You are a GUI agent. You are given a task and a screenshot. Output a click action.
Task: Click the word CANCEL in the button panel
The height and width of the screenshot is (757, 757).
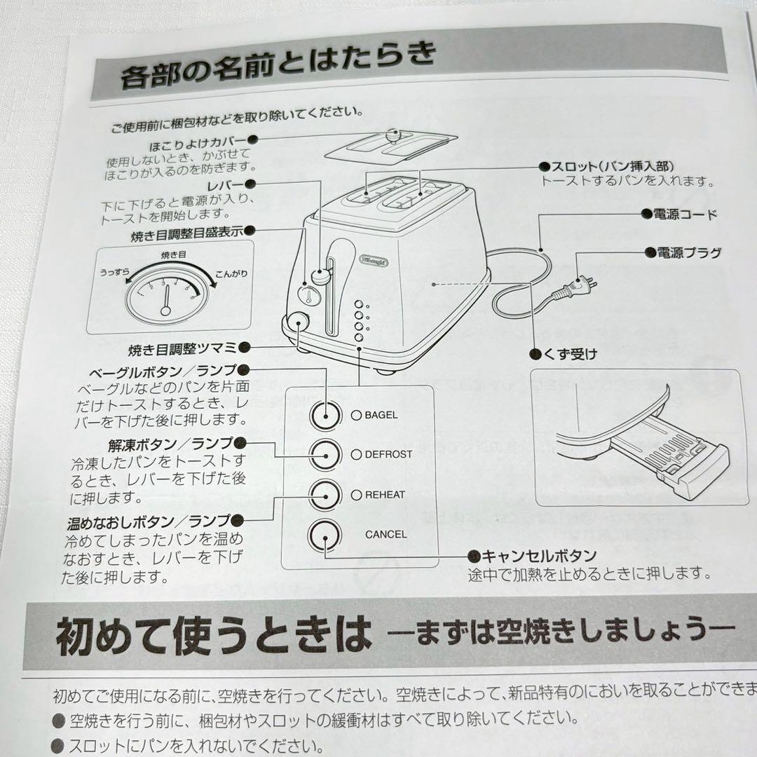(x=386, y=534)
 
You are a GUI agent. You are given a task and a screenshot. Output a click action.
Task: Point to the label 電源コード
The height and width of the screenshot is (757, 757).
(x=687, y=214)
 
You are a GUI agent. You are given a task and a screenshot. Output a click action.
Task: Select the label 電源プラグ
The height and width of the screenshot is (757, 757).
(x=688, y=253)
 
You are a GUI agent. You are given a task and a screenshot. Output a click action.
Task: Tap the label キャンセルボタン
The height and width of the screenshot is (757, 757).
(x=540, y=556)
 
